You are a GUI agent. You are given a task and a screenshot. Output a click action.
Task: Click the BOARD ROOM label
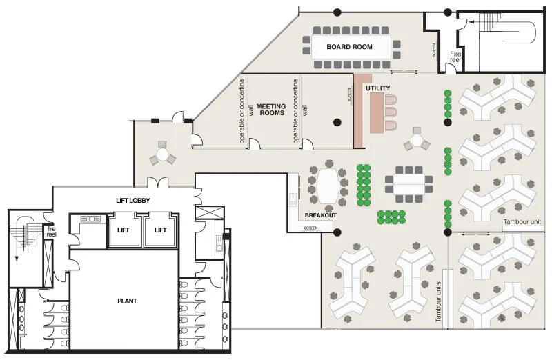[x=349, y=46]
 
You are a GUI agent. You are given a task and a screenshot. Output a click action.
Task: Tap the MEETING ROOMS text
[x=271, y=110]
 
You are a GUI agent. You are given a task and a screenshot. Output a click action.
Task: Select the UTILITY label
[x=377, y=88]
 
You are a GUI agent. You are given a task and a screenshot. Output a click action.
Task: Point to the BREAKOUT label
[x=321, y=215]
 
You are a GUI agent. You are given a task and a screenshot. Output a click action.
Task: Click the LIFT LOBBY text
[x=133, y=201]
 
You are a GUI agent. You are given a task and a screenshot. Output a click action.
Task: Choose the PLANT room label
[x=127, y=301]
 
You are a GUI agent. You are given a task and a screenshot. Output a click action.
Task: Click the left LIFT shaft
[x=124, y=230]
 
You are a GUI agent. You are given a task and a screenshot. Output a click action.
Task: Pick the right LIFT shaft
[x=161, y=230]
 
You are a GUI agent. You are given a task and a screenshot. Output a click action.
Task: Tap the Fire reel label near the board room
[x=455, y=57]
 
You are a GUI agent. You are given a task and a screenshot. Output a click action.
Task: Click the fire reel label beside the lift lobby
[x=51, y=232]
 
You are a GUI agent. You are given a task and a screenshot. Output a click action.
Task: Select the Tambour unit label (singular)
[x=522, y=221]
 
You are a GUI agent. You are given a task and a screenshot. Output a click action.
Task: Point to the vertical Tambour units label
[x=438, y=301]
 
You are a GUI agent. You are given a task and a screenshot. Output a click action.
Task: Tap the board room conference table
[x=351, y=47]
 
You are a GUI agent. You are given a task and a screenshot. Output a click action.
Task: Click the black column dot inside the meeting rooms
[x=337, y=122]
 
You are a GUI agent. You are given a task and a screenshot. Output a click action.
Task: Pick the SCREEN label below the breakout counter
[x=311, y=228]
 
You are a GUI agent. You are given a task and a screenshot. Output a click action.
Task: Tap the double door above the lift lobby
[x=157, y=182]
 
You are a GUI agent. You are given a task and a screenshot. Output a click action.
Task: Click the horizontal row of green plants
[x=391, y=217]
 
